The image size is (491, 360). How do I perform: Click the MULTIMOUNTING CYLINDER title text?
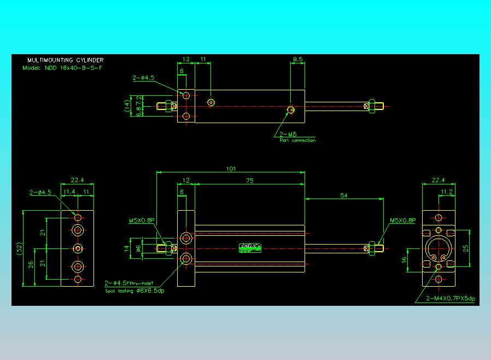(x=65, y=60)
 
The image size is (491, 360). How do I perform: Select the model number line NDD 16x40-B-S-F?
(x=62, y=68)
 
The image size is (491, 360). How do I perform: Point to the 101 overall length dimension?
(x=230, y=169)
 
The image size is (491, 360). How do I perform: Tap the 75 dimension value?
(x=249, y=180)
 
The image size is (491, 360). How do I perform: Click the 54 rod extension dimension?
(x=344, y=195)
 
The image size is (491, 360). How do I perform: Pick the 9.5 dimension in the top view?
(x=298, y=59)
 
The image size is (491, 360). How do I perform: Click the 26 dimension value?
(x=31, y=264)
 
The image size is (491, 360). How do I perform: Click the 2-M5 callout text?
(x=288, y=134)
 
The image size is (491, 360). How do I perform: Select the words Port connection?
(x=297, y=141)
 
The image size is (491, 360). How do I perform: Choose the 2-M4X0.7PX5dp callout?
(x=451, y=299)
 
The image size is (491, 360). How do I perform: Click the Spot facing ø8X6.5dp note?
(x=134, y=291)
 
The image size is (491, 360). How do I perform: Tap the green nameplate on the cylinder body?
(x=250, y=248)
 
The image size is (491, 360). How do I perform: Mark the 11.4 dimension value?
(x=69, y=192)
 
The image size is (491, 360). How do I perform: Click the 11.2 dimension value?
(x=447, y=192)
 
